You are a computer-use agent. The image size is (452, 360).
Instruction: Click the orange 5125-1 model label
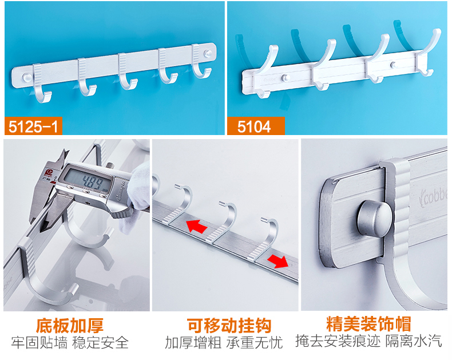(x=33, y=126)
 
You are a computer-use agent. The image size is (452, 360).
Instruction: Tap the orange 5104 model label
(x=256, y=126)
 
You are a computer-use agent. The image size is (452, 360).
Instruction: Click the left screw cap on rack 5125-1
(x=27, y=77)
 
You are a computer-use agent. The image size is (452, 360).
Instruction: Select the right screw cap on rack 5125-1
(x=208, y=53)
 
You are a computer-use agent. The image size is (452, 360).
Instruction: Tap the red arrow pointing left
(x=197, y=226)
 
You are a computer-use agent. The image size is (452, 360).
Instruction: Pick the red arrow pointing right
(x=277, y=261)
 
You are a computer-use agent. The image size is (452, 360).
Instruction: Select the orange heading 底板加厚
(x=70, y=326)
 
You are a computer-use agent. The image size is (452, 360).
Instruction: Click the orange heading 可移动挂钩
(x=229, y=326)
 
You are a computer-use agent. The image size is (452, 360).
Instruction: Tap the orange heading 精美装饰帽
(x=368, y=324)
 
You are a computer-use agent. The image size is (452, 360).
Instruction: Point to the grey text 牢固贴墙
(x=39, y=343)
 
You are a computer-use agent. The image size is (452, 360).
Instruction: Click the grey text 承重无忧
(x=255, y=343)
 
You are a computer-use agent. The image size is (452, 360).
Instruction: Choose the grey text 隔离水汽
(x=414, y=341)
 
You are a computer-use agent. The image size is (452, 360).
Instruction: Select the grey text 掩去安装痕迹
(x=338, y=341)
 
